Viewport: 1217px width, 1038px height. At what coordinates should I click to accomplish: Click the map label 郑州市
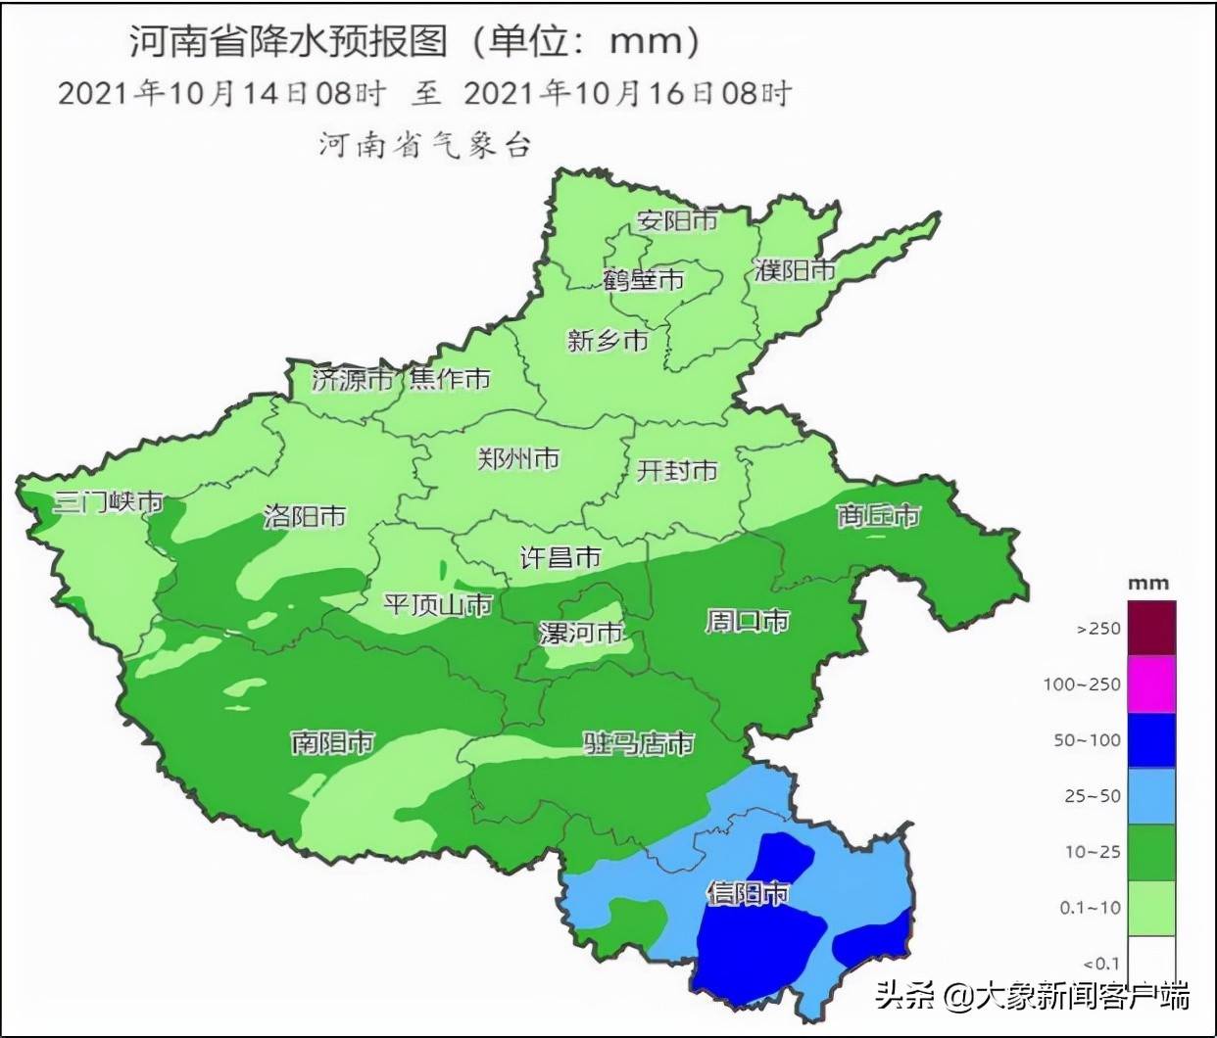click(518, 458)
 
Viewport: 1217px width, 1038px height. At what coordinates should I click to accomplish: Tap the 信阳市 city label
click(748, 893)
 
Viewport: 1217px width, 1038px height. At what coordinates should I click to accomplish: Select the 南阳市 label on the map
click(333, 742)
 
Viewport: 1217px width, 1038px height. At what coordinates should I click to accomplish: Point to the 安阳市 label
click(677, 220)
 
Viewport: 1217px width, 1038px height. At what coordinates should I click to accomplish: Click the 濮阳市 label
click(795, 270)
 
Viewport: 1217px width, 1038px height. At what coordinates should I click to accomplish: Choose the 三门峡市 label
click(108, 501)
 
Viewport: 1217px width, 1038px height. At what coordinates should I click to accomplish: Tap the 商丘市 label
click(878, 515)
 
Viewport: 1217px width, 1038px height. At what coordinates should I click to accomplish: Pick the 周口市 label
click(747, 621)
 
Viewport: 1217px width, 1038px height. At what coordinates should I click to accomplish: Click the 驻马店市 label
click(639, 743)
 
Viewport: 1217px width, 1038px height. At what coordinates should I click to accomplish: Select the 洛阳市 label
click(305, 516)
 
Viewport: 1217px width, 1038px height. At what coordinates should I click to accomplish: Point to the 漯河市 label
click(581, 633)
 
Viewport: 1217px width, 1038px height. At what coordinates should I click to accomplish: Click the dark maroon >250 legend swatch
click(1151, 628)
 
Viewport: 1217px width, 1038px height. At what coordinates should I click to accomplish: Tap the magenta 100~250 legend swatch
click(1151, 684)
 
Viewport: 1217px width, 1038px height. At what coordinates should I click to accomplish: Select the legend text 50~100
click(1087, 740)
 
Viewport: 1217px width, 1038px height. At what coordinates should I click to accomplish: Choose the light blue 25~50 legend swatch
click(1151, 795)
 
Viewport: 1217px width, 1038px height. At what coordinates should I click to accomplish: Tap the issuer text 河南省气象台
click(425, 145)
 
